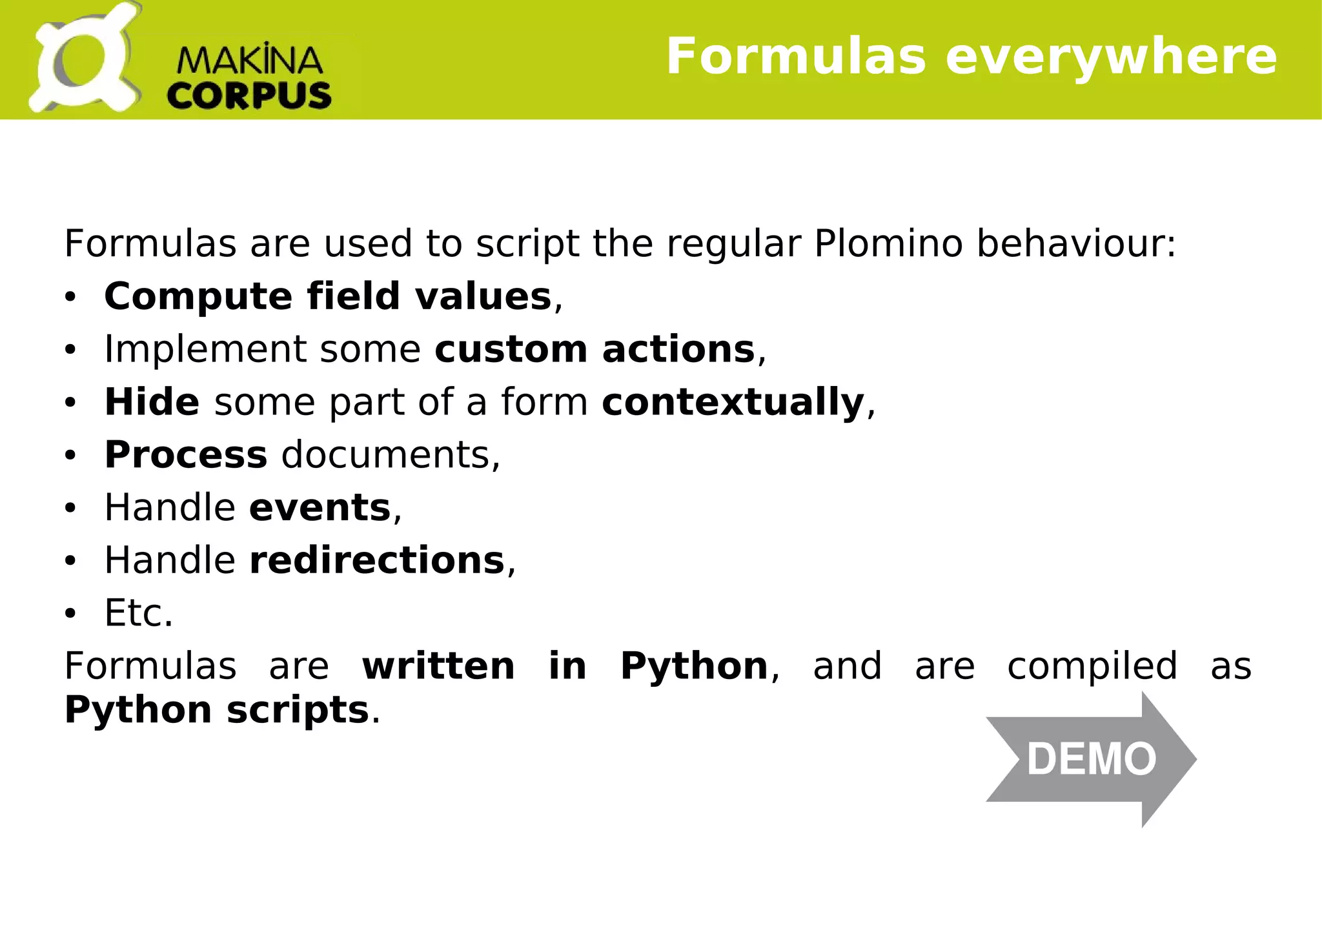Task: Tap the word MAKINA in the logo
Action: (249, 61)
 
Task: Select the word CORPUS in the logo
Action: (249, 96)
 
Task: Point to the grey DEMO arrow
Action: (1091, 759)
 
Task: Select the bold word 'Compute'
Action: (198, 297)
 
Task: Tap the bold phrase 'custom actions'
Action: (595, 350)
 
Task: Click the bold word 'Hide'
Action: (152, 402)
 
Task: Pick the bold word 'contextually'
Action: (733, 402)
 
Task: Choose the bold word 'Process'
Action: (185, 455)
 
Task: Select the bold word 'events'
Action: (320, 508)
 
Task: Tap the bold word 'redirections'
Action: (377, 560)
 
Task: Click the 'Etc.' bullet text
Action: (139, 613)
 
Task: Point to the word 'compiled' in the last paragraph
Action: (1092, 666)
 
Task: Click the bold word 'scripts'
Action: (298, 710)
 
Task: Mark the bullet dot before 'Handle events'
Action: (70, 509)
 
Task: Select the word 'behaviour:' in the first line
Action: (1076, 244)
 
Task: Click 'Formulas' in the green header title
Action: (796, 57)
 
